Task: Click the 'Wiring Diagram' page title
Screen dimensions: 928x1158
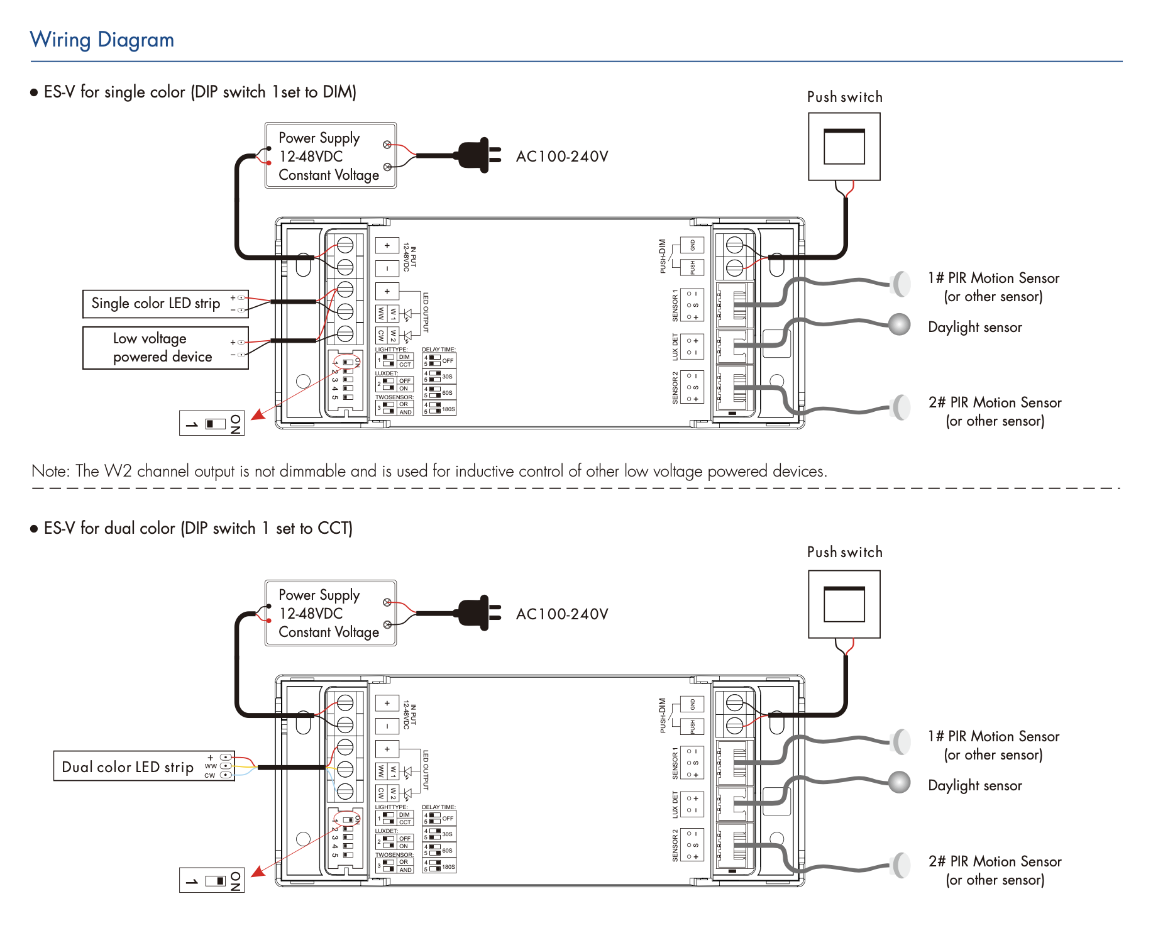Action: [x=102, y=40]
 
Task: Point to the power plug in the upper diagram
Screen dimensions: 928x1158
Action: [x=478, y=155]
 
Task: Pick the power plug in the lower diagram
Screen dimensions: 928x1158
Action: [x=478, y=612]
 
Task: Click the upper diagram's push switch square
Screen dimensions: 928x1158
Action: [x=844, y=146]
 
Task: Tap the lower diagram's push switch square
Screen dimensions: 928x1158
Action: [x=844, y=604]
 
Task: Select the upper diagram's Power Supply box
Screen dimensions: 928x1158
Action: [x=331, y=155]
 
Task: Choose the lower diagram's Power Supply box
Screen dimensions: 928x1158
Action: [x=331, y=613]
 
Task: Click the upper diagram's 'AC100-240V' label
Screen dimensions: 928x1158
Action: [x=562, y=157]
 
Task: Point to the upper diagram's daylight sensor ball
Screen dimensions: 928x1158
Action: [x=900, y=324]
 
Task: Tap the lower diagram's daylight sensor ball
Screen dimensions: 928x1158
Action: [x=900, y=782]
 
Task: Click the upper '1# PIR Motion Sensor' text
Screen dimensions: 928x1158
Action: [x=993, y=278]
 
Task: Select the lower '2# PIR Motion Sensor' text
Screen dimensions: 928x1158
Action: [x=995, y=861]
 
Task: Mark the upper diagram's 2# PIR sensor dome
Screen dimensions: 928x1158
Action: [x=902, y=407]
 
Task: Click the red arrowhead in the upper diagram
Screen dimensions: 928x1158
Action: [x=258, y=414]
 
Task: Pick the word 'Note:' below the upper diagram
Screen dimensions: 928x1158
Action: [x=51, y=471]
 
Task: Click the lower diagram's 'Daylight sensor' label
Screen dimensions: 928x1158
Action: [x=975, y=785]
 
